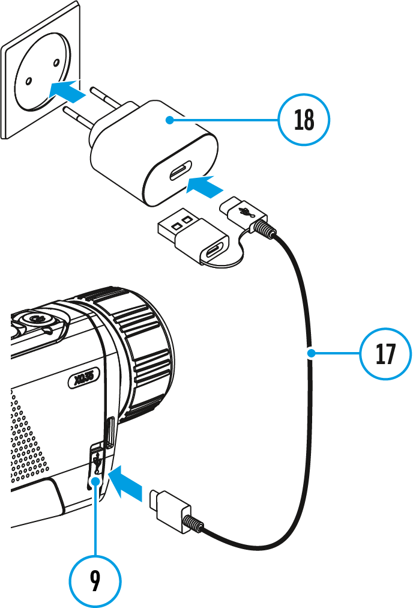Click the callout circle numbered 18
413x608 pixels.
304,120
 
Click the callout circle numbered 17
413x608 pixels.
385,354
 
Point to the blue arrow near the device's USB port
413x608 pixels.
128,482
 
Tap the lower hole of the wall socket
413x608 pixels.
28,80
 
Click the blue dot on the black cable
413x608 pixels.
310,354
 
